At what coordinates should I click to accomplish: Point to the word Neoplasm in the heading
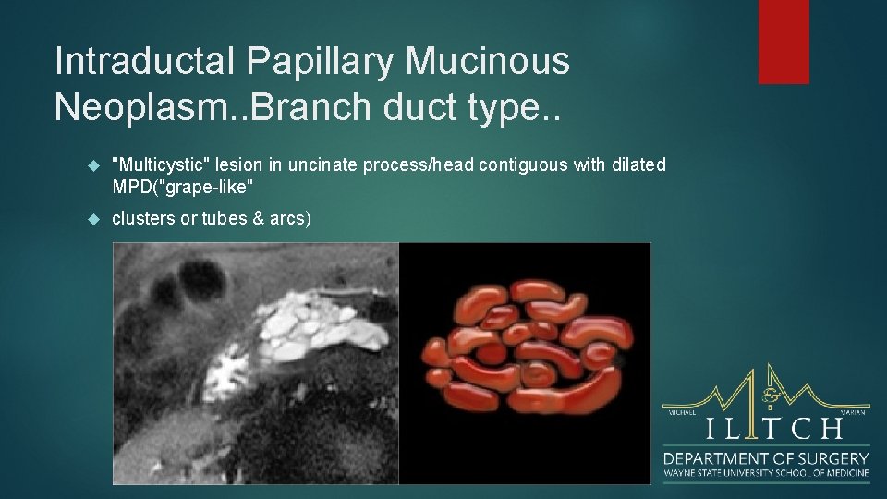pos(142,106)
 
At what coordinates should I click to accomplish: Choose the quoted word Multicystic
pos(158,164)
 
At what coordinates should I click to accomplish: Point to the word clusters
pos(142,218)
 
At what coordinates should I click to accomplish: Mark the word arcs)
pos(289,218)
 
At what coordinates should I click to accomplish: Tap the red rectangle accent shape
pos(784,42)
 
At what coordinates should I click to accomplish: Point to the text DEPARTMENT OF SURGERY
pos(766,457)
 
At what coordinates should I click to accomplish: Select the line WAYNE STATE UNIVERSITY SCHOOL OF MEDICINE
pos(766,473)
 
